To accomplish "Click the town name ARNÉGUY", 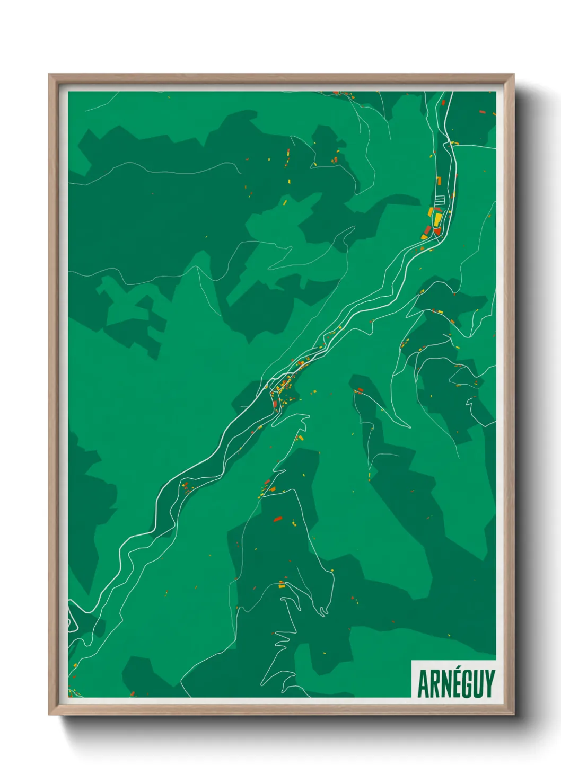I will coord(455,683).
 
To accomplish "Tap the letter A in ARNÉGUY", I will coord(424,684).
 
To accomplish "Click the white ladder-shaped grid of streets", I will coord(440,200).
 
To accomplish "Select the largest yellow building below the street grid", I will coord(437,219).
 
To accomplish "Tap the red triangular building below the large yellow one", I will coord(437,231).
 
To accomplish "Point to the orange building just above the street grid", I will coord(439,182).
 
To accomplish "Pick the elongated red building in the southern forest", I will coord(277,519).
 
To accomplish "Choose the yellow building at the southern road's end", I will coord(282,585).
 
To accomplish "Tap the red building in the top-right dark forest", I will coord(482,112).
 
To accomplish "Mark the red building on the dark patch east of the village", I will coord(361,390).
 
